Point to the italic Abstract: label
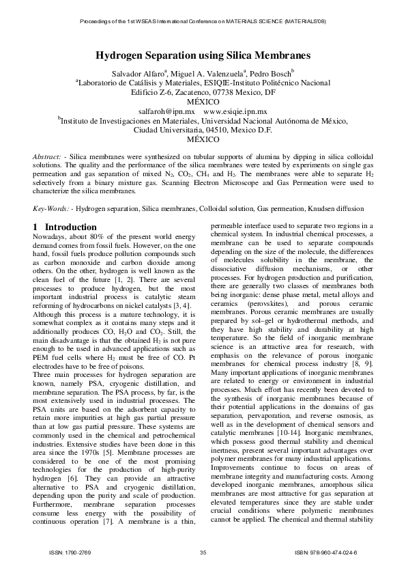point(49,157)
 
